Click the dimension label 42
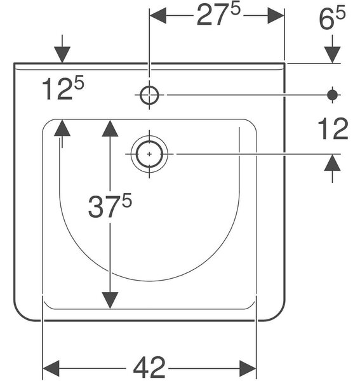pyautogui.click(x=149, y=368)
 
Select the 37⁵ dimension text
pyautogui.click(x=110, y=205)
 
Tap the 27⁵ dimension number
pyautogui.click(x=218, y=15)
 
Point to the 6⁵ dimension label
pyautogui.click(x=332, y=18)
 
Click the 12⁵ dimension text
pyautogui.click(x=63, y=88)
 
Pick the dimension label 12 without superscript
pyautogui.click(x=333, y=128)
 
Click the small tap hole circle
pyautogui.click(x=150, y=95)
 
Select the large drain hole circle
pyautogui.click(x=149, y=154)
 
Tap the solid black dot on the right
pyautogui.click(x=332, y=95)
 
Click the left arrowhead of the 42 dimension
pyautogui.click(x=51, y=368)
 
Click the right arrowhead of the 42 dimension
pyautogui.click(x=248, y=368)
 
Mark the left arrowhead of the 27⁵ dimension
pyautogui.click(x=158, y=15)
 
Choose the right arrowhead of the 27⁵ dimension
pyautogui.click(x=276, y=15)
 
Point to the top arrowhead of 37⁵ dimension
pyautogui.click(x=110, y=128)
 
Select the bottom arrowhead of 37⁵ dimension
pyautogui.click(x=110, y=300)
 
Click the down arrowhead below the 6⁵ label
pyautogui.click(x=332, y=55)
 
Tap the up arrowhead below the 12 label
pyautogui.click(x=332, y=163)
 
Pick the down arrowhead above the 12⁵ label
pyautogui.click(x=62, y=55)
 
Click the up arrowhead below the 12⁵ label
pyautogui.click(x=62, y=128)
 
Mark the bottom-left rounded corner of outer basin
pyautogui.click(x=22, y=315)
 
